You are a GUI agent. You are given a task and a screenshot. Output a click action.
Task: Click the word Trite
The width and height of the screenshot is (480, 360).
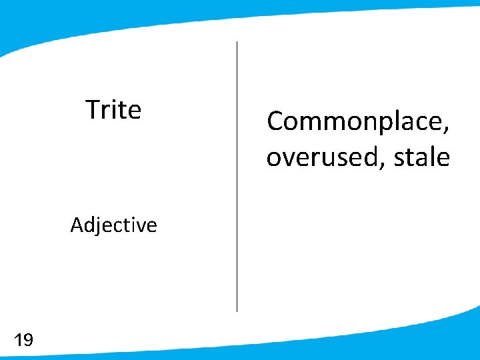pyautogui.click(x=113, y=110)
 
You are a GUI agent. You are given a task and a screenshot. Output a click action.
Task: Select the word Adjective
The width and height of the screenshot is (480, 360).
pyautogui.click(x=113, y=225)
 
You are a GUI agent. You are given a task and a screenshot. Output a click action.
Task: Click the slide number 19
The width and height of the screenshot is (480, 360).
pyautogui.click(x=23, y=341)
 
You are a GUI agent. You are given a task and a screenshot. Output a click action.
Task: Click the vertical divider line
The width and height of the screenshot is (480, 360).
pyautogui.click(x=237, y=177)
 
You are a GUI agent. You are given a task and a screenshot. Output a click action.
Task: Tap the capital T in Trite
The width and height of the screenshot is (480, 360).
pyautogui.click(x=93, y=110)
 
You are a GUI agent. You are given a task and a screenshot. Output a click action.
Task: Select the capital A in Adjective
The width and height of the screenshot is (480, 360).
pyautogui.click(x=77, y=225)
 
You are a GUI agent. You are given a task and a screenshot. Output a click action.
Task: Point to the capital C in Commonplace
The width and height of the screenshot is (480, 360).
pyautogui.click(x=275, y=122)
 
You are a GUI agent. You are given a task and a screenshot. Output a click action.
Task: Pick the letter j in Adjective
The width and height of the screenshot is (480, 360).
pyautogui.click(x=97, y=227)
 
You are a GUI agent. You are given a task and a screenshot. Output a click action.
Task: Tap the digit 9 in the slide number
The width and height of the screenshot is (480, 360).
pyautogui.click(x=27, y=341)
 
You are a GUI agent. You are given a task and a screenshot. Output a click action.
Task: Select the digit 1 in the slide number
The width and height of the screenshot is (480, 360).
pyautogui.click(x=17, y=341)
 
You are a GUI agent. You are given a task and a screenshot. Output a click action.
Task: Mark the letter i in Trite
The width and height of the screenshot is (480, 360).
pyautogui.click(x=115, y=110)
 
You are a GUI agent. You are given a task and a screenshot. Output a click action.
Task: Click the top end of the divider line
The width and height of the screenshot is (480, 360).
pyautogui.click(x=237, y=43)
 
